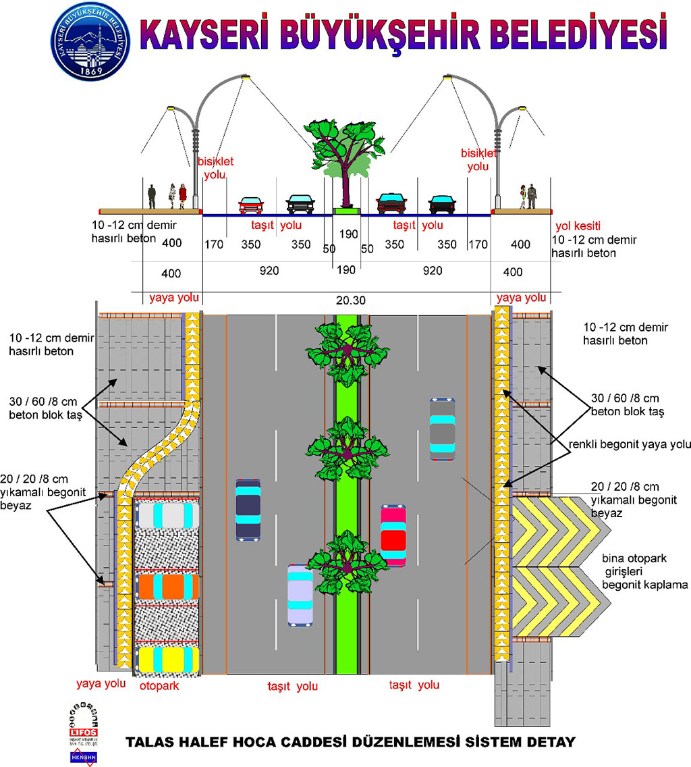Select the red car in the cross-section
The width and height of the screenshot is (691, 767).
point(250,205)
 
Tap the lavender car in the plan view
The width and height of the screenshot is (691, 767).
point(300,594)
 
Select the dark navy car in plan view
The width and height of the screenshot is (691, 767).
point(248,508)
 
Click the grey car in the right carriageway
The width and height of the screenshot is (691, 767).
point(443,428)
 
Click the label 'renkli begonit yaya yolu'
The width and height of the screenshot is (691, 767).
point(630,444)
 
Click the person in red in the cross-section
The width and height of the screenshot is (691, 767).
point(182,196)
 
